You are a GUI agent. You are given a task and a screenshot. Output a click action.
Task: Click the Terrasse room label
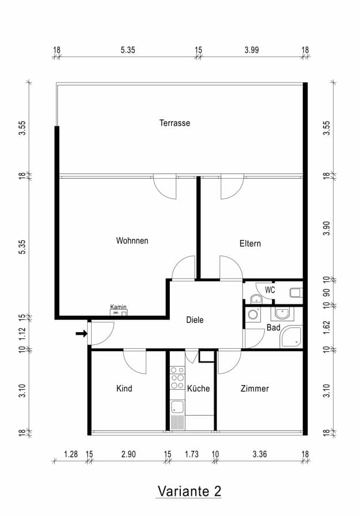[x=175, y=123]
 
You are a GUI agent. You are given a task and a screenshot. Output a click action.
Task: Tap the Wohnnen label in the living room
[x=132, y=240]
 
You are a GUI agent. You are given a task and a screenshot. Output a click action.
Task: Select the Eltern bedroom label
[x=250, y=243]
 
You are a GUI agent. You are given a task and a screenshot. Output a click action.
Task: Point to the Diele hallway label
[x=195, y=320]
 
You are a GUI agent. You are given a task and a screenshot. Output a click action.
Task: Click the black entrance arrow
[x=81, y=333]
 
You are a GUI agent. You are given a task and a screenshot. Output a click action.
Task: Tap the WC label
[x=270, y=290]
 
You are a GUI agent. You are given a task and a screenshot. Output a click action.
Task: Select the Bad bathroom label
[x=273, y=327]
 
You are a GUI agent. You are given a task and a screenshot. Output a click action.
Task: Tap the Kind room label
[x=124, y=389]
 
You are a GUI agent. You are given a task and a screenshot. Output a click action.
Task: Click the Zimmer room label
[x=255, y=389]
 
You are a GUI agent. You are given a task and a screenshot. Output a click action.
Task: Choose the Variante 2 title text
[x=189, y=491]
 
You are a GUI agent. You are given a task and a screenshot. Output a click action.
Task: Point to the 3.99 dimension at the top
[x=251, y=50]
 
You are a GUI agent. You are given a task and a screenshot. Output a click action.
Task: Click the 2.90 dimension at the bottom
[x=128, y=454]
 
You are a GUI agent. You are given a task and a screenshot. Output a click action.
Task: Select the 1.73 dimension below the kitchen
[x=191, y=454]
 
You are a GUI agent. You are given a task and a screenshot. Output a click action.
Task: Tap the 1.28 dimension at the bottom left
[x=70, y=454]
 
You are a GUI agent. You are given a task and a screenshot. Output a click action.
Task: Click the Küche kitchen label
[x=198, y=389]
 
